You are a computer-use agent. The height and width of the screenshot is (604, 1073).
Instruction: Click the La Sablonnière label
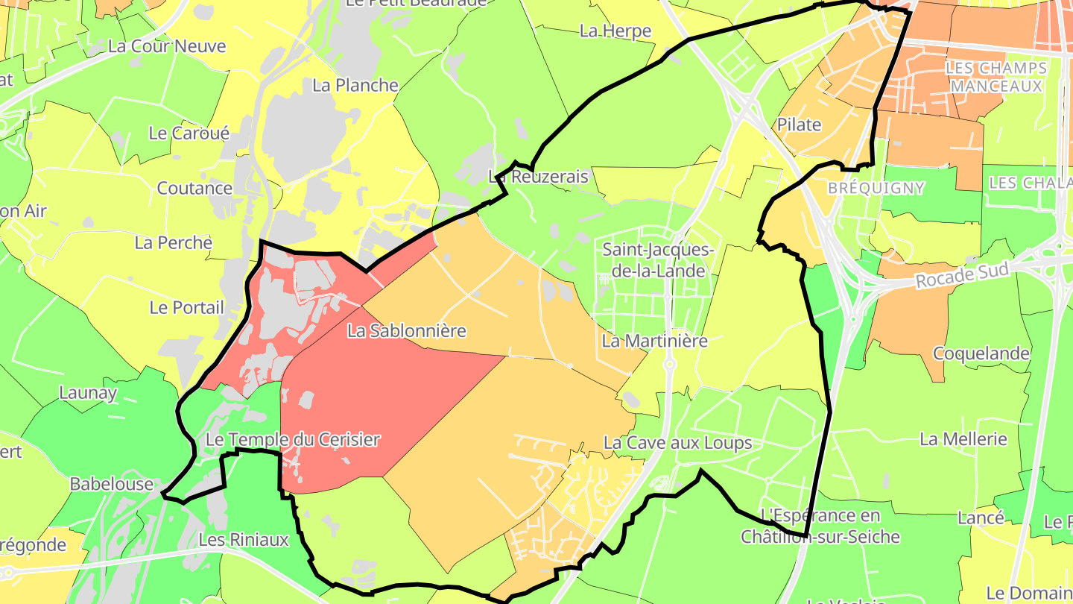point(407,330)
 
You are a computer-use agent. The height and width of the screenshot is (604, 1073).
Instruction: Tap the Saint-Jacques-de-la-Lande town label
point(658,259)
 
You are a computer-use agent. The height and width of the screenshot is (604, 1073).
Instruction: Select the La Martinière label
point(654,341)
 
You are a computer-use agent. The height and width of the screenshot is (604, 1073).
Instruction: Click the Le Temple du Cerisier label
point(293,440)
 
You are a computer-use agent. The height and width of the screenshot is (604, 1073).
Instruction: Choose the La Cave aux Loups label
point(677,443)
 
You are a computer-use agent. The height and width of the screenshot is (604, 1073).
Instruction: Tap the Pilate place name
point(799,125)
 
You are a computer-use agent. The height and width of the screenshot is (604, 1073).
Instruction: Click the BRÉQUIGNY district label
point(876,189)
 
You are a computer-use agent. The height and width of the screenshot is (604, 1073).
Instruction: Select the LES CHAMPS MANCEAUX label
point(996,78)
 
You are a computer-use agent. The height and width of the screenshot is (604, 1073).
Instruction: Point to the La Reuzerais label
point(538,177)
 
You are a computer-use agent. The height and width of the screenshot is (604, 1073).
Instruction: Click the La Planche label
point(355,85)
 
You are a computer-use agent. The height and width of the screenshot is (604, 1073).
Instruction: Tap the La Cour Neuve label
point(167,46)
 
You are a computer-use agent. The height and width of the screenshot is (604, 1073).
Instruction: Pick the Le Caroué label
point(189,133)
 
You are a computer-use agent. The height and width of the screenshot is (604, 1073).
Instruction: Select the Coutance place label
point(194,188)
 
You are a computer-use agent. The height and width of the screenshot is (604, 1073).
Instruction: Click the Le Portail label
point(186,307)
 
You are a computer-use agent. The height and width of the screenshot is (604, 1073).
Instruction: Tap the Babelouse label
point(112,484)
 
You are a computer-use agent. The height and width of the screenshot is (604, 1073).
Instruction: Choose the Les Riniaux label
point(244,539)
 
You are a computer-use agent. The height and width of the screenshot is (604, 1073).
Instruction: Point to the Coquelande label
point(981,353)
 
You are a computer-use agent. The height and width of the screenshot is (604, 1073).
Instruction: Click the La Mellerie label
point(963,439)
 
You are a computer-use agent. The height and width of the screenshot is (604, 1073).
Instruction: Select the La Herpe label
point(615,31)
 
